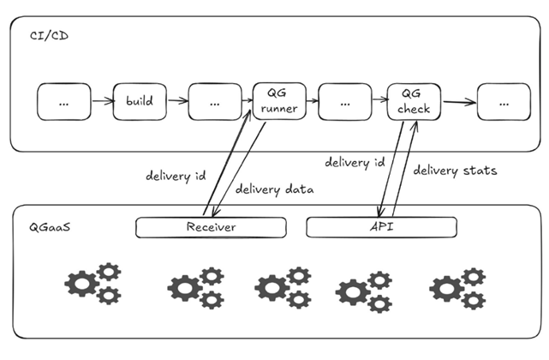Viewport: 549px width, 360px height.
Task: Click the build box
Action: point(139,101)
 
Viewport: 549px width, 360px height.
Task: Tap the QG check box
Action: point(414,101)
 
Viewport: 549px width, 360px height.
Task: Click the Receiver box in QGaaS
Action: point(211,227)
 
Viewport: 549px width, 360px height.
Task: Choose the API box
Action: point(381,227)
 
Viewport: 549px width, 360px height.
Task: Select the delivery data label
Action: point(274,189)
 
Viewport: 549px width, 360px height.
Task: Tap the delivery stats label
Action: point(455,170)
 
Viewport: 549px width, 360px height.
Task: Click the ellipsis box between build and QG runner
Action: point(213,101)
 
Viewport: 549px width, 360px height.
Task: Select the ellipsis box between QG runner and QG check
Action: point(344,101)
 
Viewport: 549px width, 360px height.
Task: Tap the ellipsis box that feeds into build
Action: point(63,101)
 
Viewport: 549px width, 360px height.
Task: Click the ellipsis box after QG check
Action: point(504,101)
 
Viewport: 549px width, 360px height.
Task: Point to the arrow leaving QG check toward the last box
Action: point(459,103)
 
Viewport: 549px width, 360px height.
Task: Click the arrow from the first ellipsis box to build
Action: point(102,101)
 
